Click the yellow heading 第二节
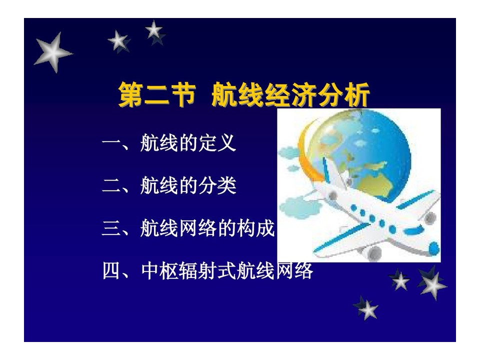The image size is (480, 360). (157, 94)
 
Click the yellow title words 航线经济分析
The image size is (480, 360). (290, 94)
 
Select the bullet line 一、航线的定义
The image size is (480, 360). (168, 142)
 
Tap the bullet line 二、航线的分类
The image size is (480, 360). (168, 185)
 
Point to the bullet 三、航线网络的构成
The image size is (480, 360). (188, 228)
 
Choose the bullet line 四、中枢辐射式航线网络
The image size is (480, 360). (207, 270)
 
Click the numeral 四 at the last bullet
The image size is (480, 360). (111, 271)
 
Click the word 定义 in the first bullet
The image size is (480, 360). (217, 142)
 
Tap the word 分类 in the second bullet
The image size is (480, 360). (217, 185)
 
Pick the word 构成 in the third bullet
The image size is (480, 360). (256, 228)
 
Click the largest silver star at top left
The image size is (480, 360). (53, 52)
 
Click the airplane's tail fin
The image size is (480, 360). (333, 173)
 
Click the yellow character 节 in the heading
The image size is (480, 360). (183, 94)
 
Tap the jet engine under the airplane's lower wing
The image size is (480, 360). (373, 252)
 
